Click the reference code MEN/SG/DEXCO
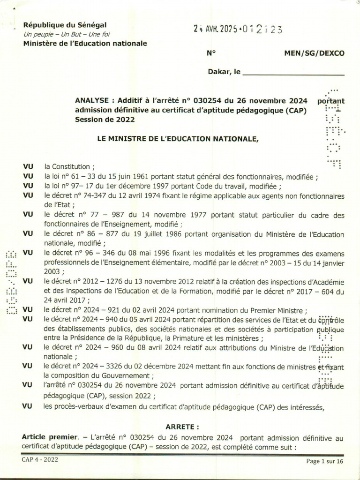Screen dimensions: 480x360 pyautogui.click(x=314, y=53)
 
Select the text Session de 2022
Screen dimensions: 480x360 pyautogui.click(x=105, y=120)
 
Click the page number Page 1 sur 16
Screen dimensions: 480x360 pyautogui.click(x=325, y=461)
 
